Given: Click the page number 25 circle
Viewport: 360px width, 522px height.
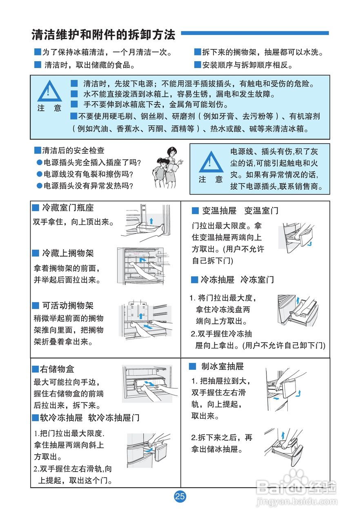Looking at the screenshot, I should click(180, 496).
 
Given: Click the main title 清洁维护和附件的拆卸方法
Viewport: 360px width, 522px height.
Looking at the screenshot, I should click(103, 35).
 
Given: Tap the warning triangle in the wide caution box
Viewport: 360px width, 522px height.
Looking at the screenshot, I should click(49, 92).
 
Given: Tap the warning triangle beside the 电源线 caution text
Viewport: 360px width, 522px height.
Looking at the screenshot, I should click(211, 162).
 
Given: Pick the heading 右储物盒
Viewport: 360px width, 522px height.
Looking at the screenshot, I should click(57, 369).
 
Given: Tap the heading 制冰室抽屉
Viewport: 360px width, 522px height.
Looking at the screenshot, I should click(222, 367).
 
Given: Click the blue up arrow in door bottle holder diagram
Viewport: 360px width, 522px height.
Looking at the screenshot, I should click(151, 221).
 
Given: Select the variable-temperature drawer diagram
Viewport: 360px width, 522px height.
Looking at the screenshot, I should click(296, 238).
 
